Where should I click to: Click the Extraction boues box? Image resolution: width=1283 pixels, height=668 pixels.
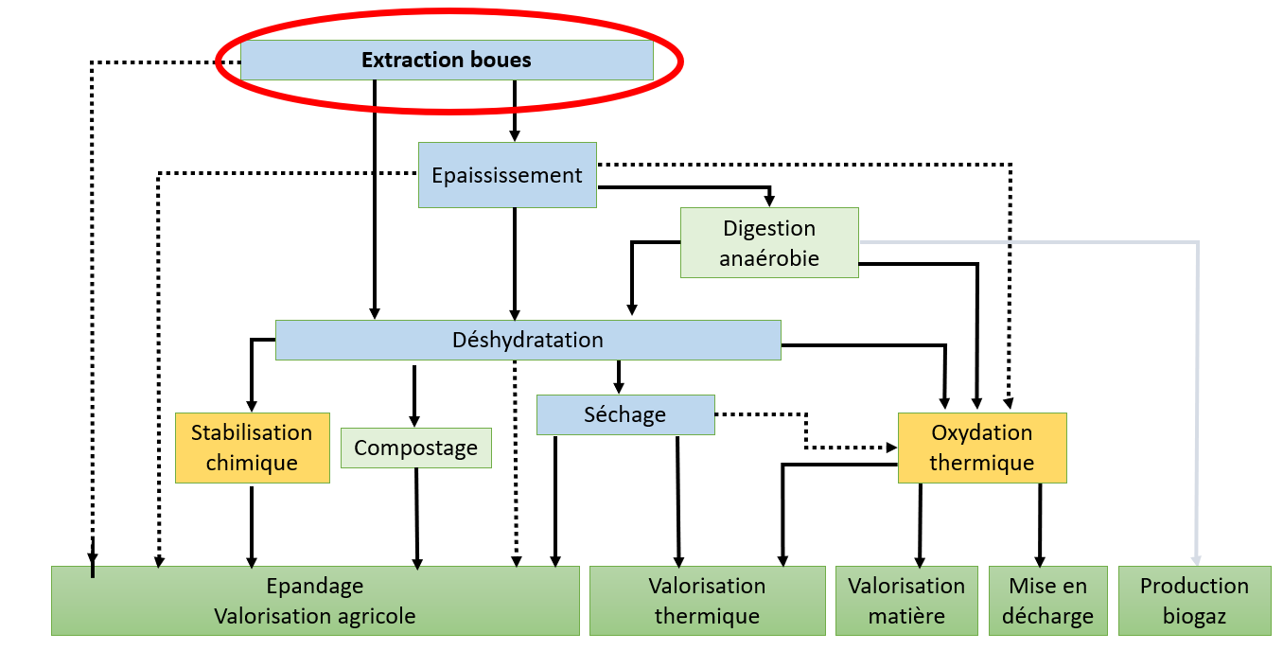447,61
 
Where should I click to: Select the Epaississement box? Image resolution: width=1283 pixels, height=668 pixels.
507,175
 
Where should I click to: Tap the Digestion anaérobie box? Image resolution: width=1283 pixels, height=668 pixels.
769,242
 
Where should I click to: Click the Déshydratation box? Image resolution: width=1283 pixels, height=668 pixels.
528,340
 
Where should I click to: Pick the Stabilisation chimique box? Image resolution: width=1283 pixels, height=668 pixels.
252,448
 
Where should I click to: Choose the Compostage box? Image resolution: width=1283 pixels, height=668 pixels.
415,448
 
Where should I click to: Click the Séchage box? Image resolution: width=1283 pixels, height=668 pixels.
624,414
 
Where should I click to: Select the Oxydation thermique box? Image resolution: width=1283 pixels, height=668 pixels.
981,448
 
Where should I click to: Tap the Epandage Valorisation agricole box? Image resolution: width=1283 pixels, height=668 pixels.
315,601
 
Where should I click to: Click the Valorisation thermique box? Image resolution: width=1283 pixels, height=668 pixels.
707,601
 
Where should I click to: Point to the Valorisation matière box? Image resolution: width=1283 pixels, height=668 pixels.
906,601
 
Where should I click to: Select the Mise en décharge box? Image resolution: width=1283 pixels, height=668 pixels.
1047,601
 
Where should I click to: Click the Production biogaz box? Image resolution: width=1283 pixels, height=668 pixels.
1194,601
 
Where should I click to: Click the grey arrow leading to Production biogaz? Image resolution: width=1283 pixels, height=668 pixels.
1197,397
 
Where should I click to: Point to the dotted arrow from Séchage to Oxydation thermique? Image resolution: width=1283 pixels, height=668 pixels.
806,431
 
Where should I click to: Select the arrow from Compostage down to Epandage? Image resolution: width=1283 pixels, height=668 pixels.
416,516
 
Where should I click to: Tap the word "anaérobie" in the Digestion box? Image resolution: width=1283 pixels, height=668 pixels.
769,257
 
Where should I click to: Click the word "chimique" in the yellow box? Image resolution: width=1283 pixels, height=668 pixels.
252,463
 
